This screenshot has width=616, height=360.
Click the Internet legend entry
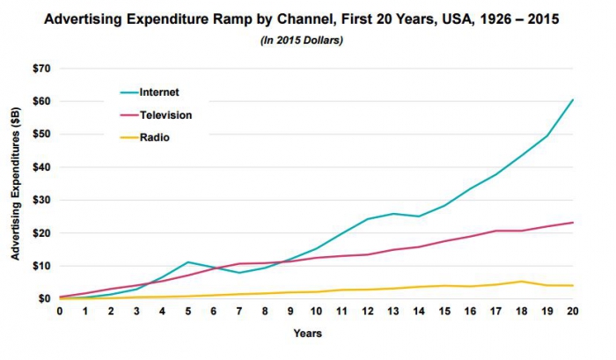(x=158, y=91)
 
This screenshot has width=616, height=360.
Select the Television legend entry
(x=165, y=114)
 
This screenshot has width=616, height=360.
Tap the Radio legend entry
(x=155, y=138)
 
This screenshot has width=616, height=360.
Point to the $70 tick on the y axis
(x=40, y=69)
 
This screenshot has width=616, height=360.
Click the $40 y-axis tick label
(x=40, y=167)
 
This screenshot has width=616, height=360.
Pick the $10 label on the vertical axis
(x=40, y=266)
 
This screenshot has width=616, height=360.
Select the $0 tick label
(x=43, y=298)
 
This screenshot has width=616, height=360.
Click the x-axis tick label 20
(x=573, y=311)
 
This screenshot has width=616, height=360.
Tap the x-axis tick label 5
(x=187, y=311)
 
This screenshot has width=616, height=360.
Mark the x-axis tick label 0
(x=60, y=311)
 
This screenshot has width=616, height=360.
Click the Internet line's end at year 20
(x=573, y=99)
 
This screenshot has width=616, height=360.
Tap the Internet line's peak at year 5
(x=187, y=262)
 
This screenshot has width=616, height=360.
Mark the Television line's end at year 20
(x=573, y=223)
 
